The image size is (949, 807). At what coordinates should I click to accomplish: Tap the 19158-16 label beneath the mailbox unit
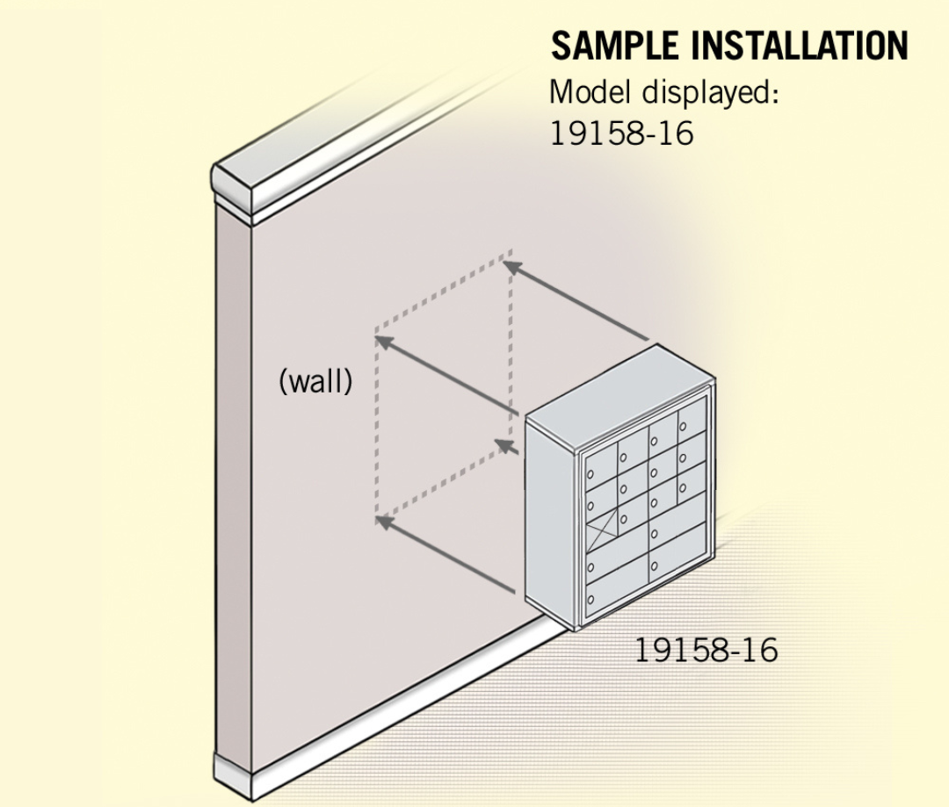pyautogui.click(x=706, y=651)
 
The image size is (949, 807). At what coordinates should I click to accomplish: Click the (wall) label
pyautogui.click(x=315, y=382)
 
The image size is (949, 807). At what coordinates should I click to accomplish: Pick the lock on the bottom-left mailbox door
pyautogui.click(x=591, y=599)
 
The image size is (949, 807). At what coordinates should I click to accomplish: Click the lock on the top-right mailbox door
pyautogui.click(x=683, y=427)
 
